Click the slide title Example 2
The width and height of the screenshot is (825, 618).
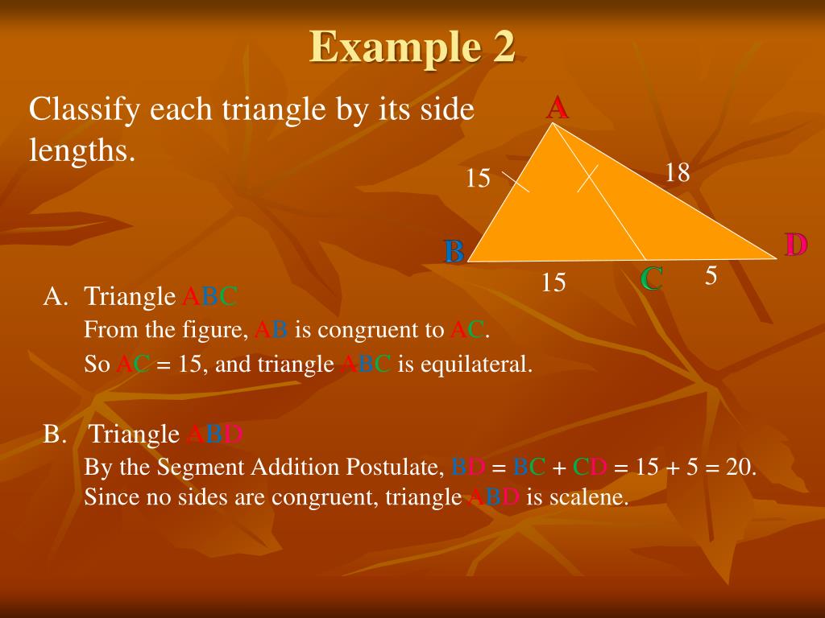[412, 47]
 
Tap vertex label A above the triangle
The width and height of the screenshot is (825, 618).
[557, 107]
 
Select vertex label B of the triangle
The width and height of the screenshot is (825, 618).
[454, 252]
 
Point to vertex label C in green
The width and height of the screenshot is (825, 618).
[651, 279]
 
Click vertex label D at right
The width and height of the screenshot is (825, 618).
[795, 245]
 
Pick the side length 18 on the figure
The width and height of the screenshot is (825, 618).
[678, 172]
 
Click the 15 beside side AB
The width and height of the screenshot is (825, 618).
[478, 178]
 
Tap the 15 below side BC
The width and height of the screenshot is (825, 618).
[553, 282]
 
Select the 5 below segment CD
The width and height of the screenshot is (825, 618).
[711, 276]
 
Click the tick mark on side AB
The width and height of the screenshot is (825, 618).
[516, 181]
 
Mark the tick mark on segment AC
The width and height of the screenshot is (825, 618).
[588, 179]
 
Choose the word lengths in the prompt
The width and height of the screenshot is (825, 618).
[81, 150]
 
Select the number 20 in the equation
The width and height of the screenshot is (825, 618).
[739, 467]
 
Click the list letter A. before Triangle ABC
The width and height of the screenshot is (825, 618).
[56, 297]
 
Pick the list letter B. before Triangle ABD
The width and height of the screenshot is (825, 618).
[56, 435]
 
